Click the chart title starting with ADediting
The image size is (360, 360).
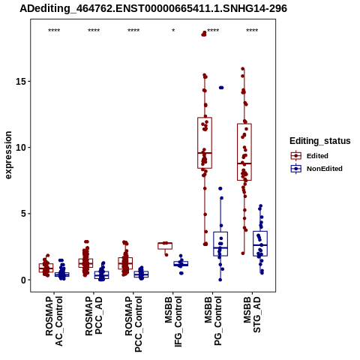coord(153,8)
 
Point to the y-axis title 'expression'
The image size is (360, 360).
coord(8,155)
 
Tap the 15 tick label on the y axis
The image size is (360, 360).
coord(21,82)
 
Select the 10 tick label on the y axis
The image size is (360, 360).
coord(21,148)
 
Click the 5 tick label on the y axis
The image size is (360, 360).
coord(24,214)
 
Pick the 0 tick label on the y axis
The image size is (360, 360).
coord(24,280)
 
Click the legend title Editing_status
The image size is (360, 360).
coord(320,141)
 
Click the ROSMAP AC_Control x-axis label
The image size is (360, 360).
coord(54,321)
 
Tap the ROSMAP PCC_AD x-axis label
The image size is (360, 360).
coord(94,316)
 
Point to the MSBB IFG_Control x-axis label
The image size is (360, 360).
coord(173,321)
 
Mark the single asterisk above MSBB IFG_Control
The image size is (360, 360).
coord(173,31)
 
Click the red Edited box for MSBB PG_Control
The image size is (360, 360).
coord(205,142)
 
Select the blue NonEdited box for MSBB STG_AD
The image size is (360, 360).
coord(260,244)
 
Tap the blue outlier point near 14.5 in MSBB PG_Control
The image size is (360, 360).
coord(221,88)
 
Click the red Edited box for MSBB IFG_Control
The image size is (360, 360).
coord(165,246)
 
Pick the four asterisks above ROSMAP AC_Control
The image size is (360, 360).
coord(54,31)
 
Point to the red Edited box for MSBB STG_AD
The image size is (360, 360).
coord(244,151)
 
